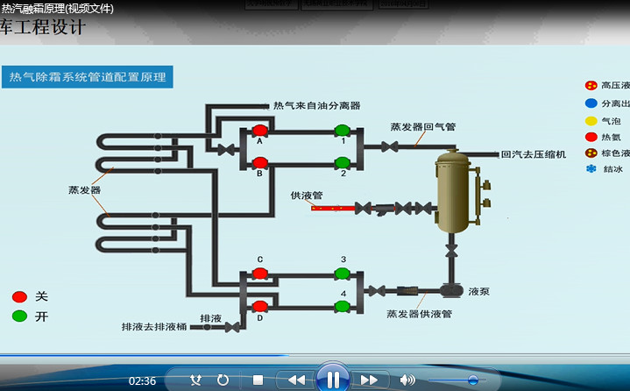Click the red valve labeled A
[x=259, y=132]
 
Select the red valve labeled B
[x=259, y=162]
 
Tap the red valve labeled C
[x=259, y=273]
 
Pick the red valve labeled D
[x=259, y=306]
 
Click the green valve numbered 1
[x=342, y=132]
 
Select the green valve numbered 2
[x=342, y=162]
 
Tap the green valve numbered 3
[x=342, y=273]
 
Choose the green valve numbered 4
[x=342, y=306]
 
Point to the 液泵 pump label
[x=478, y=291]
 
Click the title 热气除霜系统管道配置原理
[x=88, y=77]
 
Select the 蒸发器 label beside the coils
[x=85, y=189]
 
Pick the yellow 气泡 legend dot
[x=591, y=120]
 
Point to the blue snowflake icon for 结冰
[x=591, y=169]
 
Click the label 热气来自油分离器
[x=316, y=105]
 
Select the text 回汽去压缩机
[x=533, y=154]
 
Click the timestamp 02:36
[x=142, y=380]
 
